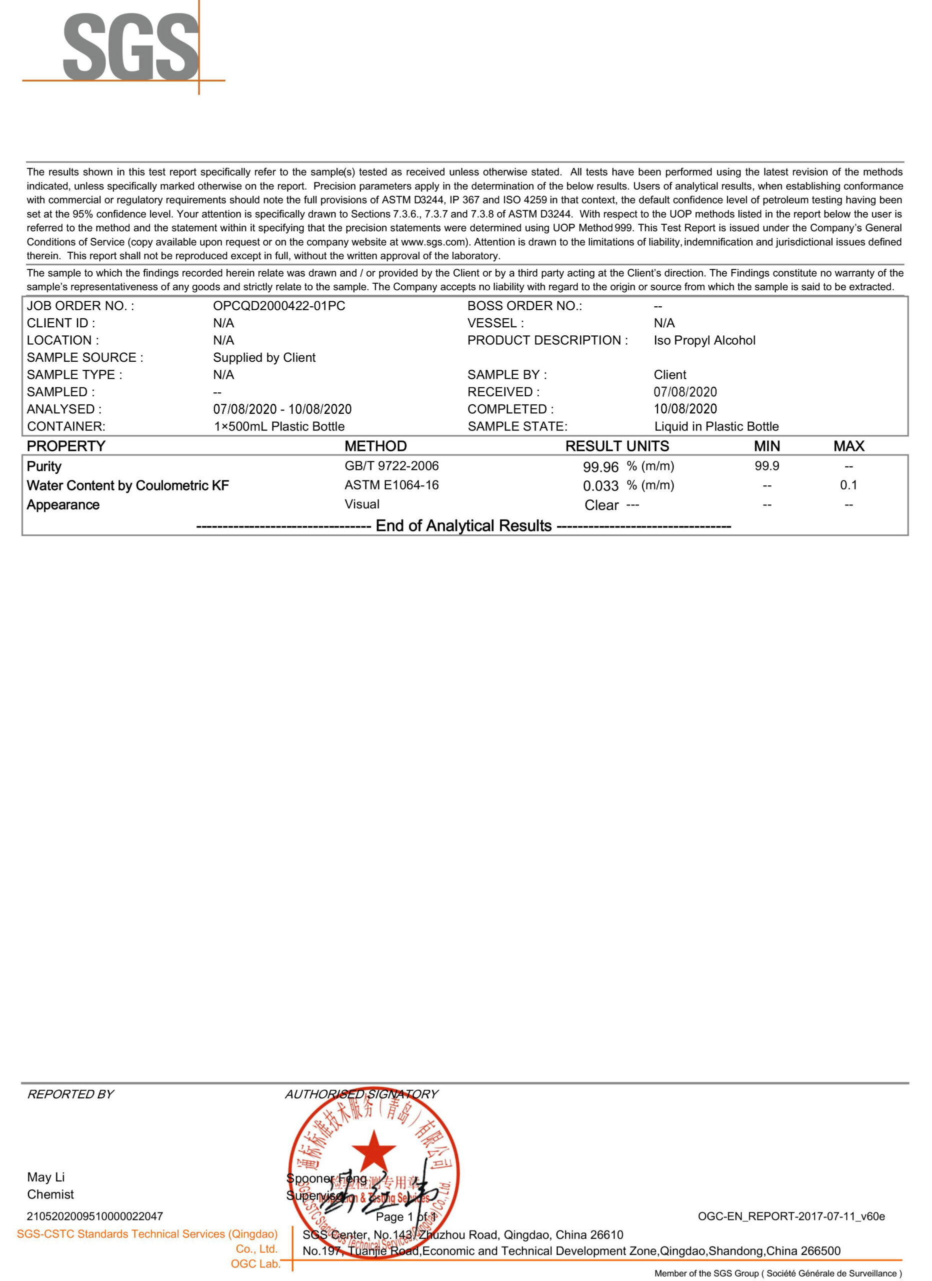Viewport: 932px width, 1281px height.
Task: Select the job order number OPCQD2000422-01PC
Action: (279, 306)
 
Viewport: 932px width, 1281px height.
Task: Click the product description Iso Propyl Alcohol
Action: (704, 341)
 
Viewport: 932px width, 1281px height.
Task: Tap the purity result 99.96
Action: (600, 467)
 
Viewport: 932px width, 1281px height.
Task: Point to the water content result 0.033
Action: (600, 486)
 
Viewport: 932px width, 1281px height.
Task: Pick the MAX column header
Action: (848, 446)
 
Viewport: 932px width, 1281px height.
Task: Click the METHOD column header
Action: (375, 446)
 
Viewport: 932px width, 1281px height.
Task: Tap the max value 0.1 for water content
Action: (848, 485)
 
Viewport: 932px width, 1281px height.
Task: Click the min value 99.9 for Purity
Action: (766, 466)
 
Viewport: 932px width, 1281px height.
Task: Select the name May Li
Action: (45, 1177)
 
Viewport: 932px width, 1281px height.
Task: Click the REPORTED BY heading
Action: (70, 1094)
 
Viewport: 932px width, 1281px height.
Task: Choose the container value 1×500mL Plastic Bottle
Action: (279, 426)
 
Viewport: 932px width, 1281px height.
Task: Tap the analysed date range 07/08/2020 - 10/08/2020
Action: (282, 409)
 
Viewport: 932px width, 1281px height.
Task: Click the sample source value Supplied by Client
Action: (264, 357)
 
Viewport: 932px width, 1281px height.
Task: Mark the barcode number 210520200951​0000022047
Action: (95, 1216)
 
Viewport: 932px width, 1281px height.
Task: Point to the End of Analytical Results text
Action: (463, 526)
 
